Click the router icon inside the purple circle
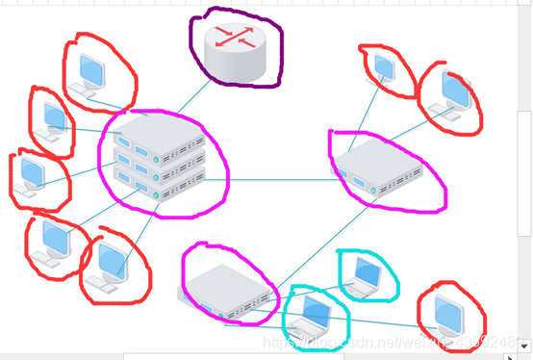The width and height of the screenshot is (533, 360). [x=236, y=50]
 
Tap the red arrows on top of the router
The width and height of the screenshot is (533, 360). [x=236, y=38]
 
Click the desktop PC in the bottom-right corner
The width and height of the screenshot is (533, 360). [x=450, y=317]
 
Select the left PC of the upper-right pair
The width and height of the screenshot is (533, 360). [x=384, y=66]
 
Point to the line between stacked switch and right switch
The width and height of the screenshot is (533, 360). [x=279, y=179]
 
